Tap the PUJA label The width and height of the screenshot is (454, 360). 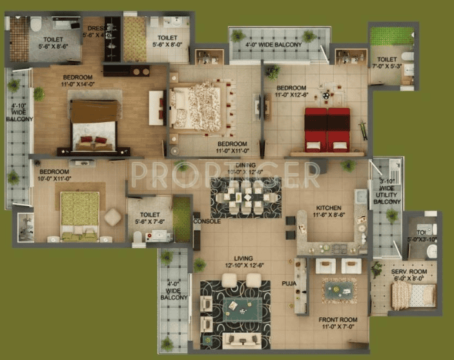289,283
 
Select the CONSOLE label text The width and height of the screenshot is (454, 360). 207,222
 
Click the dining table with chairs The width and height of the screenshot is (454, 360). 245,196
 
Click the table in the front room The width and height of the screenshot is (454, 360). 339,290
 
